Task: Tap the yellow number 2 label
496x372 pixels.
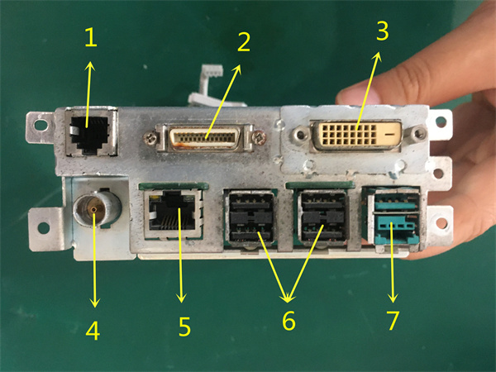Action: tap(243, 42)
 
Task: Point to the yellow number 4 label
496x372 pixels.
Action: tap(93, 331)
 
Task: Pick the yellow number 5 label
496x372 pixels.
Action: tap(184, 326)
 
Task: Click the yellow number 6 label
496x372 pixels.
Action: tap(288, 320)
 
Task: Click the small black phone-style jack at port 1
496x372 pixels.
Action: tap(89, 131)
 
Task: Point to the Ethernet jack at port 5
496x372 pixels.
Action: tap(173, 212)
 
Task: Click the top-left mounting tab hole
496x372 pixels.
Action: tap(37, 126)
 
